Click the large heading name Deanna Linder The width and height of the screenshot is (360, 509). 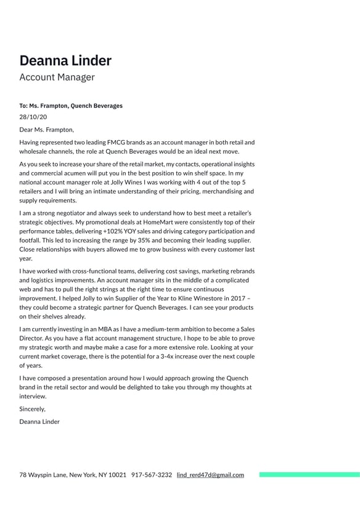pos(65,60)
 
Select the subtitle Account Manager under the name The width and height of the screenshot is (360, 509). pos(57,78)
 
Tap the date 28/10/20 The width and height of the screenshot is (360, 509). pos(33,117)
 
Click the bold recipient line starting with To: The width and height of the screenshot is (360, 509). pos(71,106)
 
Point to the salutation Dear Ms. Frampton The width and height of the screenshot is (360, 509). pos(46,130)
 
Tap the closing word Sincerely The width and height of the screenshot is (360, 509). pos(32,408)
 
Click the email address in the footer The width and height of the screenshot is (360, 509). pos(210,475)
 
